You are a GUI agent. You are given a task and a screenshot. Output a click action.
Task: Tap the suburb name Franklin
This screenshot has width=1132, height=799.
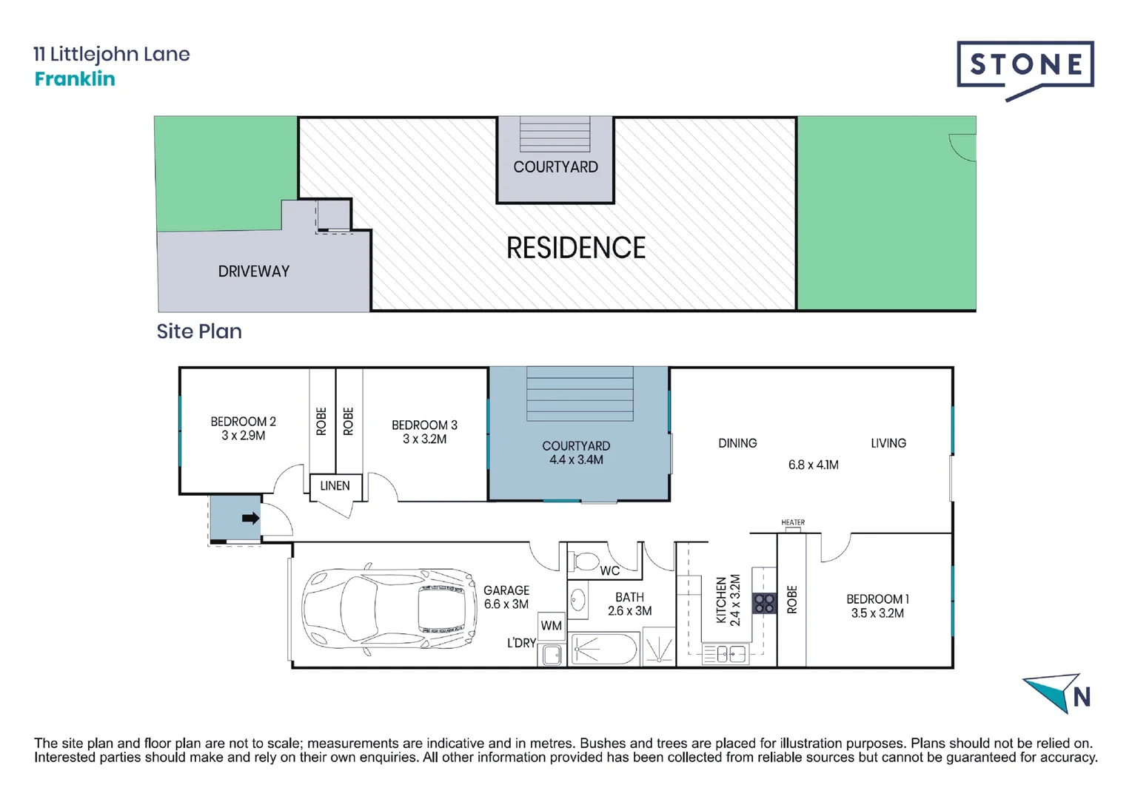tap(75, 78)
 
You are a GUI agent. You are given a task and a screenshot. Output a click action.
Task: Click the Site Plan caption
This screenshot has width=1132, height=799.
tap(199, 331)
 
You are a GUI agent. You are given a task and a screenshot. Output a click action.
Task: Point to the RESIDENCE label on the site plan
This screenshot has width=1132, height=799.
tap(576, 248)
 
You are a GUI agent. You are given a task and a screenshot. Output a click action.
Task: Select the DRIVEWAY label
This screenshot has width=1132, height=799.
tap(254, 272)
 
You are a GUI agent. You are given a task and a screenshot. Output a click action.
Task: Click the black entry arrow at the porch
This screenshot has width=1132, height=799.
tap(251, 518)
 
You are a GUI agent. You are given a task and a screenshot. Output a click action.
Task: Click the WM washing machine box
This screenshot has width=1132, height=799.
tap(552, 626)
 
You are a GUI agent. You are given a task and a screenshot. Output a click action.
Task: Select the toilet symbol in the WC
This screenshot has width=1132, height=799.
tap(584, 562)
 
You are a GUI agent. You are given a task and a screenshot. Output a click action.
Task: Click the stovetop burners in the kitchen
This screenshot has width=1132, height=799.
tap(764, 603)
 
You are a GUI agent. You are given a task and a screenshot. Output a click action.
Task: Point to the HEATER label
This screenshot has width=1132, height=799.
tap(793, 522)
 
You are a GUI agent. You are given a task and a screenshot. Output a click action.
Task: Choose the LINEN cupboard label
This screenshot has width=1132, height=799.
tap(335, 486)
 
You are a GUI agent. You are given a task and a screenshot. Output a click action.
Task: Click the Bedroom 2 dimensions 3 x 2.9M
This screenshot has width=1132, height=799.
tap(243, 435)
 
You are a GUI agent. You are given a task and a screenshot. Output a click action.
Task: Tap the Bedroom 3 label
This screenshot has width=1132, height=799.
tap(424, 425)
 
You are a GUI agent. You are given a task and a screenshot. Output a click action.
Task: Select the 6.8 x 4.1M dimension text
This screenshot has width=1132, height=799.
tap(813, 465)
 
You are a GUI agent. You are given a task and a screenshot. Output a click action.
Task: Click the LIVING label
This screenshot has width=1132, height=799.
tap(888, 443)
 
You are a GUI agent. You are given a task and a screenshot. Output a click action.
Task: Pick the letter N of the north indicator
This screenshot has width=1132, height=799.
tap(1082, 698)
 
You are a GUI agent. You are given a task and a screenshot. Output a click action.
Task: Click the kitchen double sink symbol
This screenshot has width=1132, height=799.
tap(726, 654)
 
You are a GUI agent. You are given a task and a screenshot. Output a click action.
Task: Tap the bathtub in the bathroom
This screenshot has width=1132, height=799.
tap(604, 649)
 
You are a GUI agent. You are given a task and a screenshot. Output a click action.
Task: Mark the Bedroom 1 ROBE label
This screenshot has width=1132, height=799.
tap(792, 599)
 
